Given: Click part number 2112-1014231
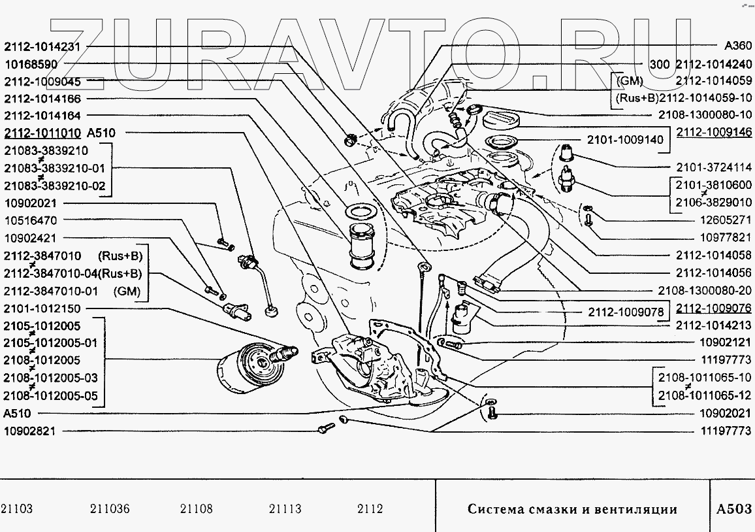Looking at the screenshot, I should point(42,47).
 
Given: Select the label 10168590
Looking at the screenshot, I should point(31,65).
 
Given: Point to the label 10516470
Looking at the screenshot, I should point(31,221).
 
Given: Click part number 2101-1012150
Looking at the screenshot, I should point(42,308).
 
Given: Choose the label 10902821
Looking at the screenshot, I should point(31,431).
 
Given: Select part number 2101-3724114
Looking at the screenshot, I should point(714,167).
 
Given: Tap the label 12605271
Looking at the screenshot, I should point(726,220).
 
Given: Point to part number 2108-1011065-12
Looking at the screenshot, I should point(706,395).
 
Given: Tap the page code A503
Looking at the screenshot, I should point(733,509).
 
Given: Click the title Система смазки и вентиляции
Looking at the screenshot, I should point(571,510).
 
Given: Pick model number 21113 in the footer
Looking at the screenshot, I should point(285,510).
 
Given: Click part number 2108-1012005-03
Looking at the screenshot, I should point(51,378).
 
